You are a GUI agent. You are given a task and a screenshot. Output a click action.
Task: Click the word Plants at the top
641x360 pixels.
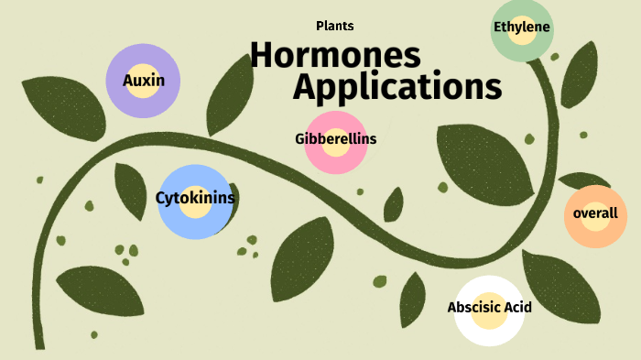tap(334, 27)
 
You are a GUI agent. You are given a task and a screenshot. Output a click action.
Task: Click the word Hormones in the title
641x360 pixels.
tap(335, 56)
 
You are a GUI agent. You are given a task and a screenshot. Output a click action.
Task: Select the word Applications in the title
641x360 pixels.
tap(397, 88)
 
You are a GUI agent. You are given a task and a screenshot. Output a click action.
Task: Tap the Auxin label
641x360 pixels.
tap(144, 81)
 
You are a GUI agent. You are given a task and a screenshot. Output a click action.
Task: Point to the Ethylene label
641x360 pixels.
tap(522, 27)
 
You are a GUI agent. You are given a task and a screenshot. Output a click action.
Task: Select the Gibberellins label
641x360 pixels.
tap(336, 139)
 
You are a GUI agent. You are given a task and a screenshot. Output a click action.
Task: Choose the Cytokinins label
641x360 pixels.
tap(195, 197)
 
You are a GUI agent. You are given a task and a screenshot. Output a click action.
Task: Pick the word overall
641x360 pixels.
tap(595, 213)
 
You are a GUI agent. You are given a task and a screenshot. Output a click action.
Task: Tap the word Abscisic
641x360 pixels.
tap(473, 308)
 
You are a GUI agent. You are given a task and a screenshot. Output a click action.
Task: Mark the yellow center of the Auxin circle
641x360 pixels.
tap(144, 70)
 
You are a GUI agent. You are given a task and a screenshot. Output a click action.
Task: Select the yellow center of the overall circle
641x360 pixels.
tap(595, 225)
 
